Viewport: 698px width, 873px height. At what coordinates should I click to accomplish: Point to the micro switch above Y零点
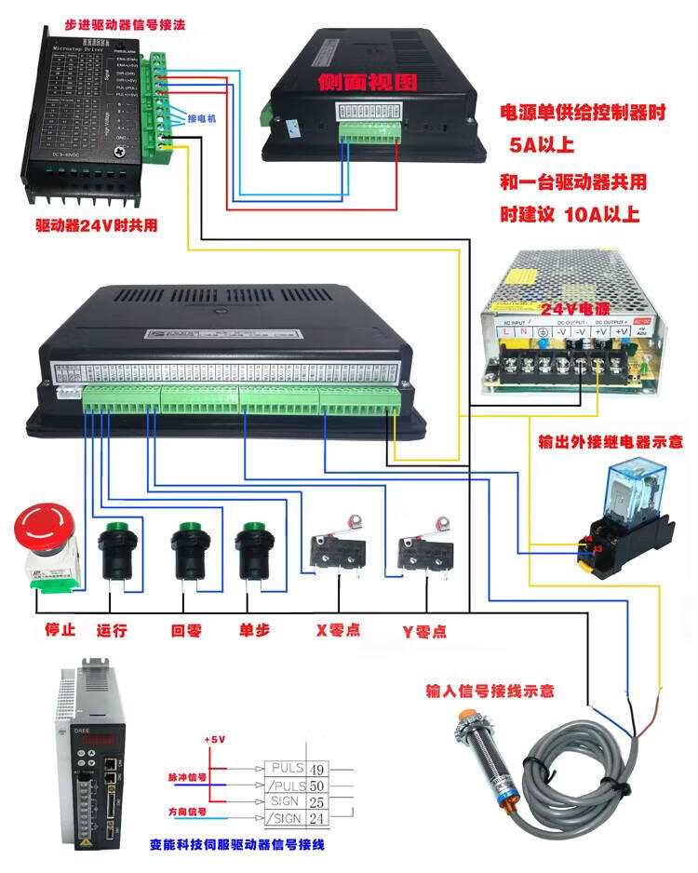coord(423,552)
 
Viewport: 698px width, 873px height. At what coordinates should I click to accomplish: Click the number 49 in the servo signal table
coord(316,769)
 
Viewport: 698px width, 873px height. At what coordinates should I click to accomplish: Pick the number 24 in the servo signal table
coord(316,819)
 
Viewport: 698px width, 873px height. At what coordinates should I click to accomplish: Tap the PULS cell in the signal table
coord(285,769)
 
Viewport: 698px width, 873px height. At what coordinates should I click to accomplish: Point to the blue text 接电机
coord(202,119)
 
